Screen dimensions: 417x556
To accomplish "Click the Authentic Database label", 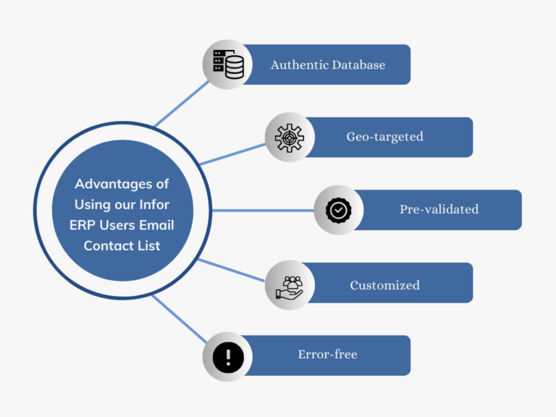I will point(328,64).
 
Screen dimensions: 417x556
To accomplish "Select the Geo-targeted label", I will point(384,137).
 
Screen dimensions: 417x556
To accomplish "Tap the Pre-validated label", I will point(439,209).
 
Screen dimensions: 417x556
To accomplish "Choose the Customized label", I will point(384,285).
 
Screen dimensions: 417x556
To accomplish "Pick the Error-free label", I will point(327,355).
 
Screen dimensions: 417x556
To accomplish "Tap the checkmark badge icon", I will point(338,211).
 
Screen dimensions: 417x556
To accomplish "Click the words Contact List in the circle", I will point(122,245).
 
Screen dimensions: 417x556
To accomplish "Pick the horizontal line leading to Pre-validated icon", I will point(261,211).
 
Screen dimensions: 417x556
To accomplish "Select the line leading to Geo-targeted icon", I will point(232,154).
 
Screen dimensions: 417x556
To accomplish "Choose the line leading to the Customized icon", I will point(232,270).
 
